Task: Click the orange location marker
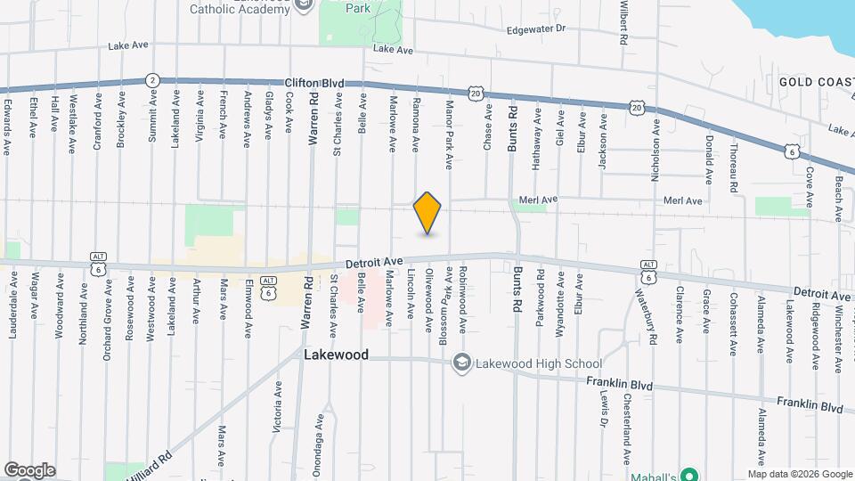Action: tap(427, 213)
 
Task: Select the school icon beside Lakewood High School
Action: tap(462, 363)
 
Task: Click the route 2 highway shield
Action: tap(152, 79)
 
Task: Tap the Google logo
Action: tap(29, 470)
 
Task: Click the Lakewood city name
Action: tap(336, 355)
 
